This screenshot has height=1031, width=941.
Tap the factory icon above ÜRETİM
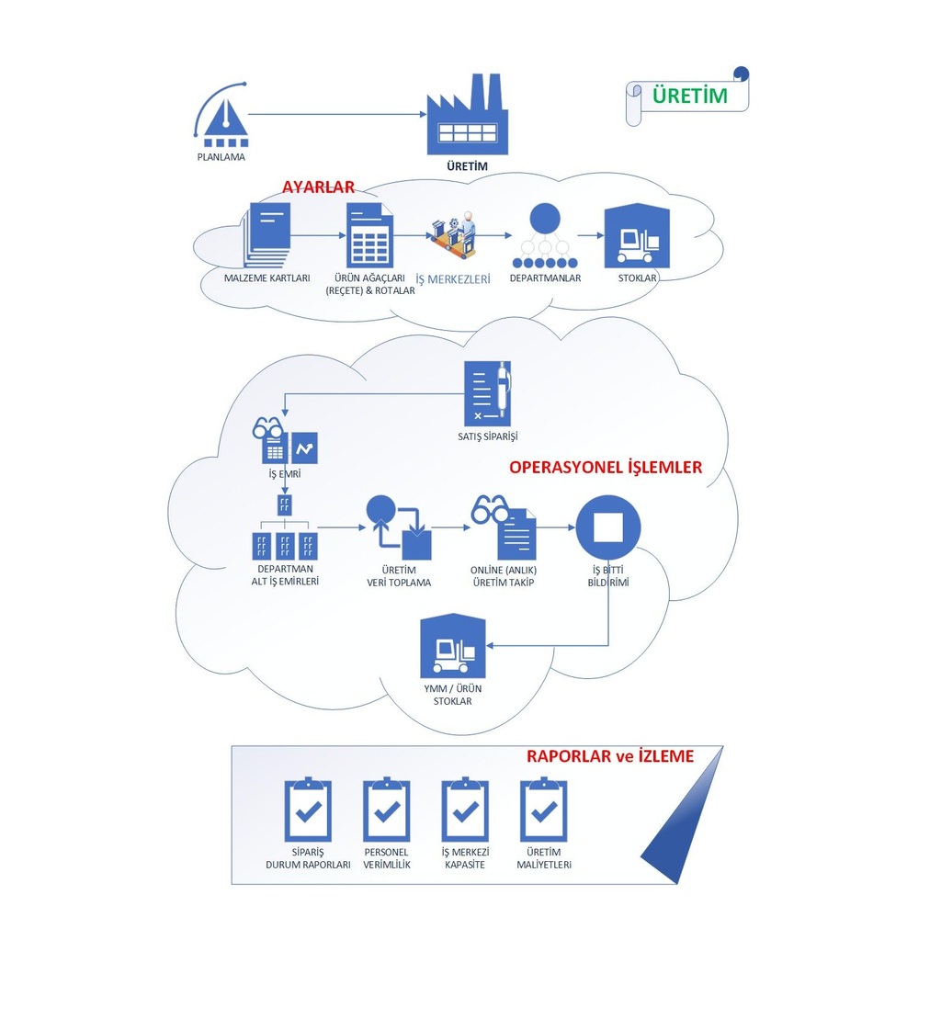click(468, 117)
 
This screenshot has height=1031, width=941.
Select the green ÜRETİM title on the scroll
click(689, 96)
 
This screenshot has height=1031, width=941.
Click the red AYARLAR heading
click(318, 187)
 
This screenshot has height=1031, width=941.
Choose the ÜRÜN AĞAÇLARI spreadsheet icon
click(369, 236)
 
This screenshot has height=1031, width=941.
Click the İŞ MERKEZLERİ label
click(453, 278)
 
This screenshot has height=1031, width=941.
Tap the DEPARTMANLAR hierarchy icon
click(544, 236)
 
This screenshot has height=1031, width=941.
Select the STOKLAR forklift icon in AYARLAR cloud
click(637, 236)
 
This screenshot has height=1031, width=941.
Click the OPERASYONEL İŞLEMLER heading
click(605, 467)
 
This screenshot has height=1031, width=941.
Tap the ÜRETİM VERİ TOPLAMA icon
click(399, 528)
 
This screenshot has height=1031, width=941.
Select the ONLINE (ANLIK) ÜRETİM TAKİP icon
click(505, 528)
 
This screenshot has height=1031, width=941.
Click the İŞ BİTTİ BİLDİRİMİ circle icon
click(608, 528)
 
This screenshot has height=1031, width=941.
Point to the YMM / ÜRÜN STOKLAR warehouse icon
click(452, 647)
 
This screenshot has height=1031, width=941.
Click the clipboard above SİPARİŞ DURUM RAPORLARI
click(308, 810)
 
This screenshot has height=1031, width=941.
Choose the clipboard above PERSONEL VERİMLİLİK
click(387, 810)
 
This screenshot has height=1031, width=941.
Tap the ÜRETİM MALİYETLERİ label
click(544, 858)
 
